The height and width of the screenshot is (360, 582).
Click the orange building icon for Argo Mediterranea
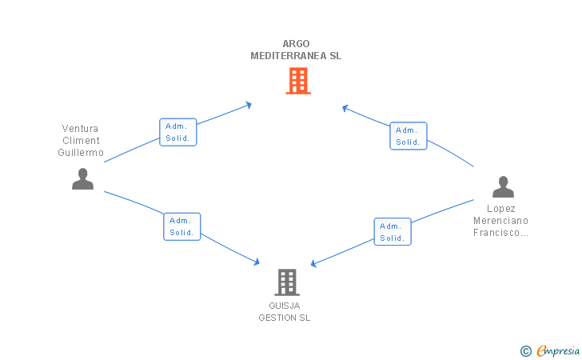(298, 81)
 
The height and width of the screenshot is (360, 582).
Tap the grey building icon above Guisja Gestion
(287, 282)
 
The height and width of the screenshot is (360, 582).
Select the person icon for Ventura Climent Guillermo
(82, 179)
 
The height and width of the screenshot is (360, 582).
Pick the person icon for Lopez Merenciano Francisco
(503, 187)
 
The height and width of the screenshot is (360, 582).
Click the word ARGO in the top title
(296, 44)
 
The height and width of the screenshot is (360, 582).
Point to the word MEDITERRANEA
(289, 56)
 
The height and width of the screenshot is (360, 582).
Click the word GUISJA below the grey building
(285, 306)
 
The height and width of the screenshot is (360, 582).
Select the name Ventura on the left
(80, 129)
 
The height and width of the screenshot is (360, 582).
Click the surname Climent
(81, 141)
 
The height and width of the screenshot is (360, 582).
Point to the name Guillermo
(81, 152)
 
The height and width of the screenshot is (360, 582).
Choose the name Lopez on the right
(500, 209)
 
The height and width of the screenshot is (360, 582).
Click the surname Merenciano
(500, 221)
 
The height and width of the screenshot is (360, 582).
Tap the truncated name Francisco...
(500, 233)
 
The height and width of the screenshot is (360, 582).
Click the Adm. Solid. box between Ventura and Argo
(177, 132)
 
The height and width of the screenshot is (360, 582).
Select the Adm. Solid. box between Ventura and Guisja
(182, 226)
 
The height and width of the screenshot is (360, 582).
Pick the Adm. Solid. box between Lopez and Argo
(409, 136)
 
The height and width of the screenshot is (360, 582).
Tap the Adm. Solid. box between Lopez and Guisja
(393, 232)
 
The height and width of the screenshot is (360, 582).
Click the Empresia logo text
(558, 350)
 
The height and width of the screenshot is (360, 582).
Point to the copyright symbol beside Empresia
(526, 351)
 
